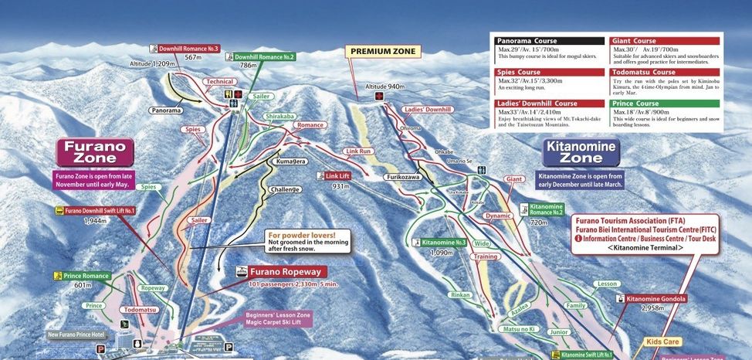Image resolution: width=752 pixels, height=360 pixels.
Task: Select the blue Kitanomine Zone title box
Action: pyautogui.click(x=580, y=152)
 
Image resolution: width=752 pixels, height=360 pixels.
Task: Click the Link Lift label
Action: pyautogui.click(x=337, y=176)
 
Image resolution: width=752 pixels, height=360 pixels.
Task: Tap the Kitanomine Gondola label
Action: pyautogui.click(x=655, y=298)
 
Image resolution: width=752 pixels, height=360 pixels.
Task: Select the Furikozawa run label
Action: pyautogui.click(x=401, y=177)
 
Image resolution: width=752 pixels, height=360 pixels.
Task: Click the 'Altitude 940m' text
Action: pyautogui.click(x=385, y=86)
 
